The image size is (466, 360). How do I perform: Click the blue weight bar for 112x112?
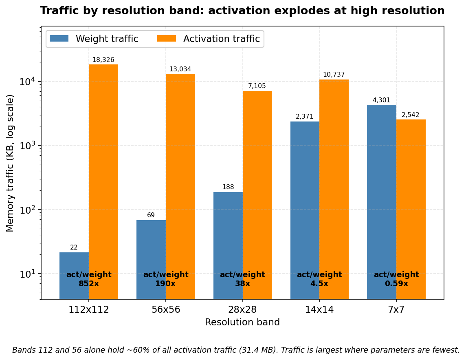pos(74,276)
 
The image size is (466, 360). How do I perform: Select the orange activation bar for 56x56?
pos(180,187)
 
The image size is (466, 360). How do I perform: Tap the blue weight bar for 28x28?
pos(228,245)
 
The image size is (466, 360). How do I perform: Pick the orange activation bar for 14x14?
pos(334,189)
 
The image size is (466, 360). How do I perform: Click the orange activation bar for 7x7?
pos(411,209)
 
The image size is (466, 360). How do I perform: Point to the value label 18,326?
pos(103,60)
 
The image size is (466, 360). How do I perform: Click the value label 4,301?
pos(382,100)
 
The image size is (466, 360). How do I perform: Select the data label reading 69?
pos(151,215)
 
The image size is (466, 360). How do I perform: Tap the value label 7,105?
pos(257,86)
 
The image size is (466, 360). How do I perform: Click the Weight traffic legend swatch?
pos(59,39)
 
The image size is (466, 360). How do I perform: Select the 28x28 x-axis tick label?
pos(242,309)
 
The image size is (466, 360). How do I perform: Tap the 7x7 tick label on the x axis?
pos(396,309)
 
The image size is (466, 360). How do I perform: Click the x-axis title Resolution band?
pos(242,322)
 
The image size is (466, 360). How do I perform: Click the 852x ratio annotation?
pos(89,283)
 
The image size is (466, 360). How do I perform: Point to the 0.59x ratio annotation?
pos(396,283)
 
